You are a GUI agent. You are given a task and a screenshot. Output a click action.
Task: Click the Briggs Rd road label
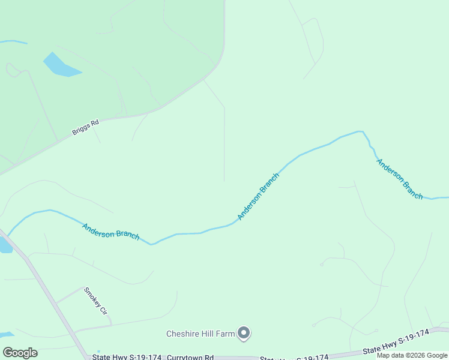(x=85, y=128)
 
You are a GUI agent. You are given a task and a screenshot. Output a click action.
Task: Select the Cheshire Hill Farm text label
(x=200, y=334)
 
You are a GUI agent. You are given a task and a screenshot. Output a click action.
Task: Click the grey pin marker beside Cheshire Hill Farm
(x=244, y=333)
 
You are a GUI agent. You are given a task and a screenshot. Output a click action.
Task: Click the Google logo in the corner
(x=20, y=352)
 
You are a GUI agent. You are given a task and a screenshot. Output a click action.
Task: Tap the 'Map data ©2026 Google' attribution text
(x=412, y=355)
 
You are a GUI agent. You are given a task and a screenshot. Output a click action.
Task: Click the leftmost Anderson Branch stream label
(x=111, y=232)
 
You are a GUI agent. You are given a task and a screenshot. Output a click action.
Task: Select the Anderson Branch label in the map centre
(x=258, y=196)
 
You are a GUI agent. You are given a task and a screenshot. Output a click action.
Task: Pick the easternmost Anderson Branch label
(x=399, y=179)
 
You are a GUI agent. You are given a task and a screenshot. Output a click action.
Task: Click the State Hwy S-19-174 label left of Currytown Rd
(x=127, y=357)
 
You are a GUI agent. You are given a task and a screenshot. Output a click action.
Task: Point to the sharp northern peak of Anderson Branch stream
(x=361, y=131)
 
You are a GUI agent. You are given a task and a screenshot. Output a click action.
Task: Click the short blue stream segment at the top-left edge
(x=13, y=42)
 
